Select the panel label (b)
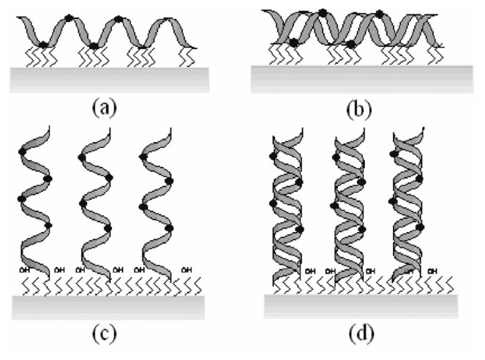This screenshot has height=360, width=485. click(x=358, y=110)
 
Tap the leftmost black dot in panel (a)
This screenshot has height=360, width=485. click(x=44, y=45)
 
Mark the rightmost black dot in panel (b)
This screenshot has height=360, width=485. click(x=379, y=14)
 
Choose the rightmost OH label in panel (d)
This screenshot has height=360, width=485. click(x=432, y=272)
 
